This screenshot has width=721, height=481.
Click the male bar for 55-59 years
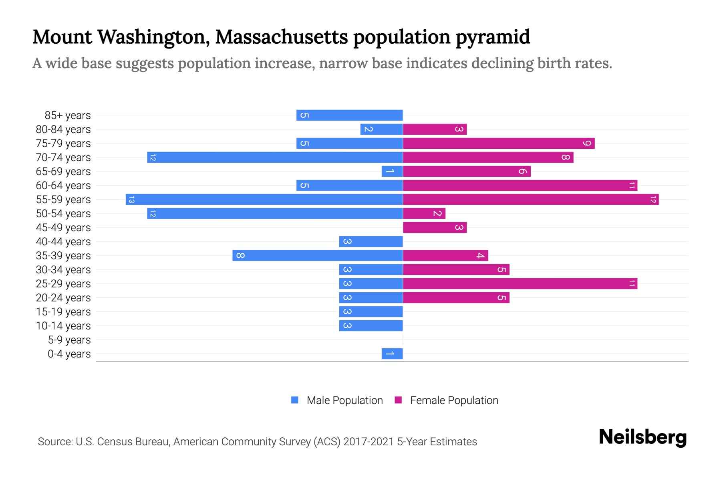click(264, 199)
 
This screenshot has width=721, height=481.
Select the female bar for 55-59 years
click(531, 199)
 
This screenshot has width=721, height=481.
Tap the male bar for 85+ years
click(349, 115)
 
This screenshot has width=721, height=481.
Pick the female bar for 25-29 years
click(520, 283)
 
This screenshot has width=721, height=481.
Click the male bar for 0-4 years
click(392, 354)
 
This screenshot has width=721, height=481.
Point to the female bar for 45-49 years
click(435, 227)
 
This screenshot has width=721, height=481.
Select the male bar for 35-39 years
click(318, 255)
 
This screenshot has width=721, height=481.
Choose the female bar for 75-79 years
click(499, 143)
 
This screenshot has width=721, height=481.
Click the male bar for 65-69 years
click(392, 171)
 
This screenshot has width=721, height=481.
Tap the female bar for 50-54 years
click(424, 213)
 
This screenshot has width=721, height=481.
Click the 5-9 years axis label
click(69, 340)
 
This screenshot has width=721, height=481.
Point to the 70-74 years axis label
click(63, 158)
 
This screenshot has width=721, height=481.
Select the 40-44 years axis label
click(63, 242)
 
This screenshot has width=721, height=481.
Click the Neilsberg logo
click(642, 437)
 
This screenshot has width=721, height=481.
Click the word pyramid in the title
click(493, 37)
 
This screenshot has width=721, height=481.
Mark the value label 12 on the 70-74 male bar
click(152, 158)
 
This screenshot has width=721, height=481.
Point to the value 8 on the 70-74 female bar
click(565, 157)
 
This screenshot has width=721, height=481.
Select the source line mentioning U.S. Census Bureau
click(257, 442)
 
